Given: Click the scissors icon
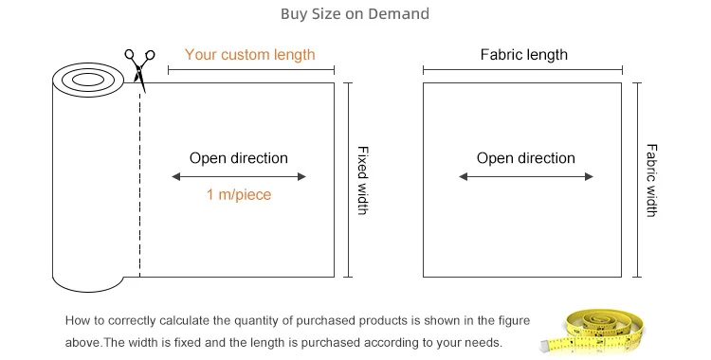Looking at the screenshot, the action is point(139,68).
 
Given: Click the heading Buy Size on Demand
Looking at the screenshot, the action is point(355,13).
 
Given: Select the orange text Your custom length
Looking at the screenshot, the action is point(250,54).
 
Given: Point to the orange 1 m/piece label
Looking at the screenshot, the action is point(239,194).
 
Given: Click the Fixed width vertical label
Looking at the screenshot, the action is point(363,180).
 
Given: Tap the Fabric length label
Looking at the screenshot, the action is point(523,54).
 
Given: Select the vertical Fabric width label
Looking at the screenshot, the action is point(651,180).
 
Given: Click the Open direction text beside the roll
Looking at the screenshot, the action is point(239,158).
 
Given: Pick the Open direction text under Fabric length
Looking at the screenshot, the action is point(525,158).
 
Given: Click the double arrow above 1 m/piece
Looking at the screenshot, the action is point(239,177).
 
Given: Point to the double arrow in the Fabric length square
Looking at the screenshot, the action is point(526,177).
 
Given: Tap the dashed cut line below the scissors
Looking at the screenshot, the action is point(139,185).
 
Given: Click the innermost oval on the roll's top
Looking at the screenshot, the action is point(88,80).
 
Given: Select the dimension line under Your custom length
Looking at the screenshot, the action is point(251,70).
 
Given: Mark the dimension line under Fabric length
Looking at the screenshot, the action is point(522,70).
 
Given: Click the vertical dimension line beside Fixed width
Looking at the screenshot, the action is point(348,180).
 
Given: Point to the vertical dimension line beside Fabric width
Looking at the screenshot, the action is point(637,180).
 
